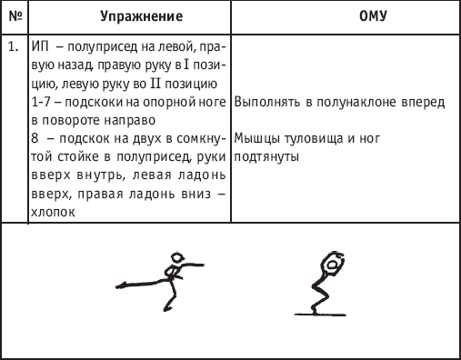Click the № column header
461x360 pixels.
pos(15,16)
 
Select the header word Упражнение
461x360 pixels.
pos(142,16)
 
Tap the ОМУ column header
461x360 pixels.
pos(373,16)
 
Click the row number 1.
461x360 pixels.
pos(13,47)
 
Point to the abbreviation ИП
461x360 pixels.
pos(40,47)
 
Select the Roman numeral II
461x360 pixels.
pos(155,84)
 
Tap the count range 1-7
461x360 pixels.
pos(41,102)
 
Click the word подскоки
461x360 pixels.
pos(93,103)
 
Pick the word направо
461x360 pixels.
pos(130,121)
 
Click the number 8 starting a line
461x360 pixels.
pos(35,138)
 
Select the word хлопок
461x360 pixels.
pos(53,212)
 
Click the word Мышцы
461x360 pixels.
pos(257,139)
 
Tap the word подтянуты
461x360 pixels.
pos(266,157)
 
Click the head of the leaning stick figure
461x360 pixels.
pos(177,258)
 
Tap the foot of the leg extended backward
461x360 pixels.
pos(121,285)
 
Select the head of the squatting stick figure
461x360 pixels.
pos(332,265)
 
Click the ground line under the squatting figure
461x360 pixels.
pos(320,315)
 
